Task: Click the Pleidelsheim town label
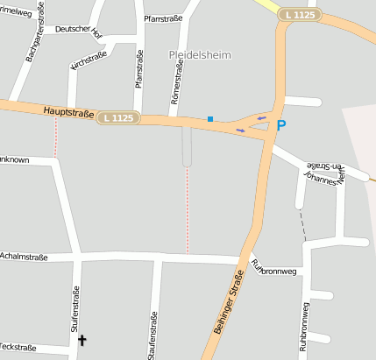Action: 200,54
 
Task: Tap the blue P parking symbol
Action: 281,126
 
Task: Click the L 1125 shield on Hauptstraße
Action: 118,117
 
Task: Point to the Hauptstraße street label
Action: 67,111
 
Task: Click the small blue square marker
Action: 210,118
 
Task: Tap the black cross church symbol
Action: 83,339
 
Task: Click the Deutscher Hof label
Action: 79,29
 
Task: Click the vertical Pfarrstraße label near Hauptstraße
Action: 139,68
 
